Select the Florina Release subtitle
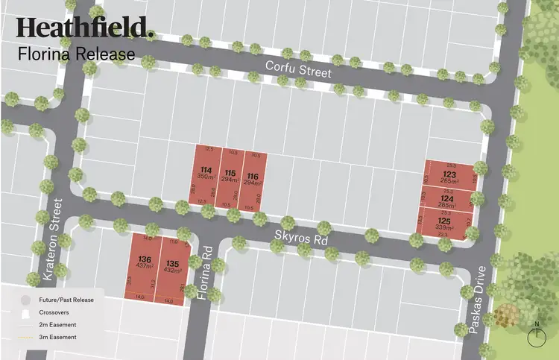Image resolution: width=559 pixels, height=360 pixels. point(76,54)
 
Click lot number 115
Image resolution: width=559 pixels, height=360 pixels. point(230,177)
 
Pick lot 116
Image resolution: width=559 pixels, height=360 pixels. point(253,177)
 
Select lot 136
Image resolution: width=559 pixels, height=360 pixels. point(145,263)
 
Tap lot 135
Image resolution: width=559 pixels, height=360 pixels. point(173,267)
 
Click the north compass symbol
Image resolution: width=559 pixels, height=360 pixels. point(537,335)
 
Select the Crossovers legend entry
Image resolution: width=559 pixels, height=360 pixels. point(54,312)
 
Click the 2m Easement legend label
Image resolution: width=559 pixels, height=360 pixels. point(57,325)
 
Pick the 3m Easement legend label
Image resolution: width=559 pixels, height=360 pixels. point(57,338)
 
